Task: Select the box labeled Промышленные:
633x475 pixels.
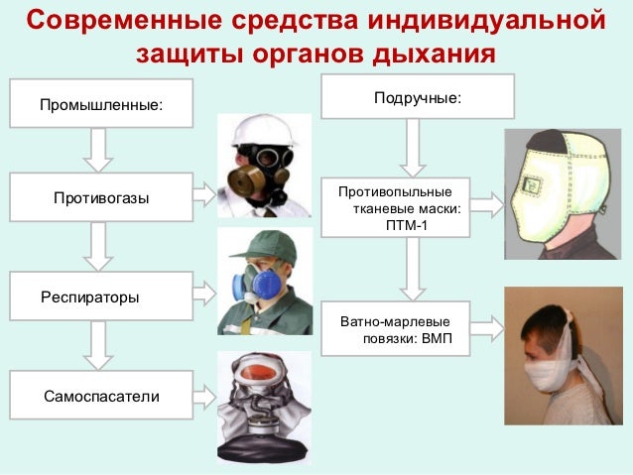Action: pos(100,104)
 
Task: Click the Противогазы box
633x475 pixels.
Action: pos(100,197)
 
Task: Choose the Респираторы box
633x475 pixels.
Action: pos(100,296)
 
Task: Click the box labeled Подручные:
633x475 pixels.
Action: pos(417,97)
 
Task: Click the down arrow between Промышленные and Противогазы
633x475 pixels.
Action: pos(97,150)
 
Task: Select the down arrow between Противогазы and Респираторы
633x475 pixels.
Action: pos(97,246)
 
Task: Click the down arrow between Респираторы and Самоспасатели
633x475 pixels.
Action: pos(97,345)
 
